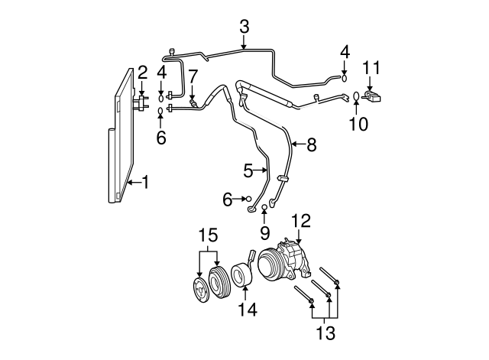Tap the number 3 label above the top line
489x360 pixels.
point(244,28)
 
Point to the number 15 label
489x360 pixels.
point(209,235)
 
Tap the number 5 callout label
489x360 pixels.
point(248,170)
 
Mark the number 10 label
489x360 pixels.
point(357,122)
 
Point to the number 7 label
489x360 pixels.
point(193,76)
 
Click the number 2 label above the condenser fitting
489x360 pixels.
point(142,73)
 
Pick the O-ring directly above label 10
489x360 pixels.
point(357,96)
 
